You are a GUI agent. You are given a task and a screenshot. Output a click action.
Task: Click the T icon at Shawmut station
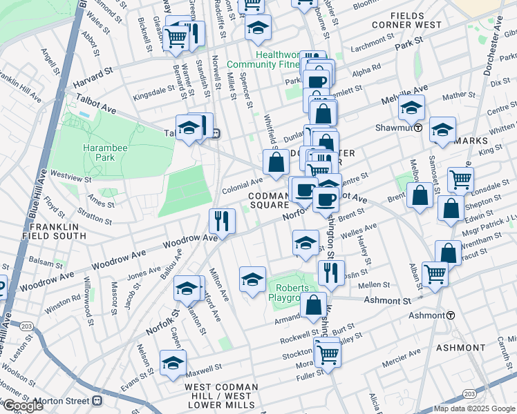pos(418,128)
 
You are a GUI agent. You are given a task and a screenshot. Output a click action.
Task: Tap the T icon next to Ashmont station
pos(451,315)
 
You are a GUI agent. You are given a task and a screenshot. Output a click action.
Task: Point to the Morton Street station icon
pos(97,400)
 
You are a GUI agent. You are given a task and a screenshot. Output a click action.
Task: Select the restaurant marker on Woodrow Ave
pos(222,221)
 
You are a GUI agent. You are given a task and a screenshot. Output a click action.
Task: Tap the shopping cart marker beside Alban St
pos(435,274)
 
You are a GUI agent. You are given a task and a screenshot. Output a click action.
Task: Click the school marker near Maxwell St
pos(173,362)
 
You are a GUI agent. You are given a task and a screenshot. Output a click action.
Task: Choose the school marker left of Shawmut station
pos(411,108)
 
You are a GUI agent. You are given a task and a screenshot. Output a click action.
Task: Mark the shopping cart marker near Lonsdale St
pos(460,179)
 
